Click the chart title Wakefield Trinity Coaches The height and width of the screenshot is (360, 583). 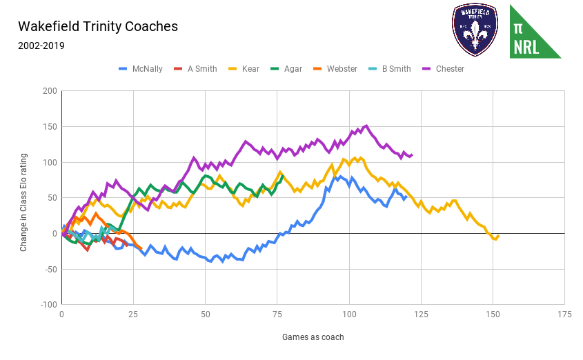(x=98, y=27)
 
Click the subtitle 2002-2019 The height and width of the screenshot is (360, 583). (x=41, y=46)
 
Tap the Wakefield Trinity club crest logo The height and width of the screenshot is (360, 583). (x=474, y=30)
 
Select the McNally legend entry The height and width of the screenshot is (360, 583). (x=141, y=69)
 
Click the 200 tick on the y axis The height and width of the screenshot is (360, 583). (x=49, y=91)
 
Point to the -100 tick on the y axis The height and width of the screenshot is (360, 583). (x=48, y=304)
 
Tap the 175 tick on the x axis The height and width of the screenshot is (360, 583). (x=564, y=314)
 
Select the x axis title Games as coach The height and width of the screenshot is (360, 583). (x=313, y=337)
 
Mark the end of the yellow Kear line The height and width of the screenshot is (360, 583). (x=498, y=235)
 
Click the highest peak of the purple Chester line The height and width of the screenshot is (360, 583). (x=366, y=126)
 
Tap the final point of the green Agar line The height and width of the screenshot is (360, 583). (x=282, y=175)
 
